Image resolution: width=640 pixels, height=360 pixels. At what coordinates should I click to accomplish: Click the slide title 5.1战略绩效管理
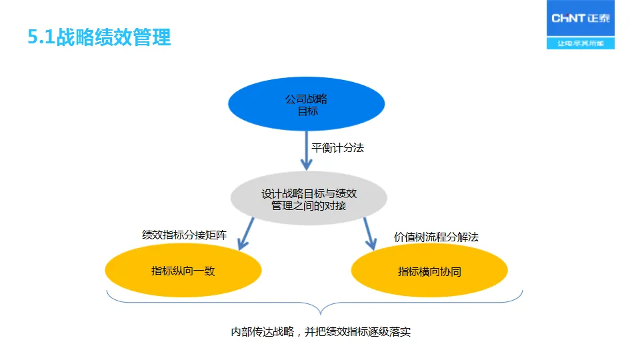tap(99, 37)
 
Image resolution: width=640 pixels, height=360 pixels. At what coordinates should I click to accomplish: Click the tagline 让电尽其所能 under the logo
tap(581, 43)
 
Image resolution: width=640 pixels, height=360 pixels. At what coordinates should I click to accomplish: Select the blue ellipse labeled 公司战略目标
tap(307, 105)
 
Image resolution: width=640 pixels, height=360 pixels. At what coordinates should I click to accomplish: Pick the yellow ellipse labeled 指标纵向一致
tap(183, 271)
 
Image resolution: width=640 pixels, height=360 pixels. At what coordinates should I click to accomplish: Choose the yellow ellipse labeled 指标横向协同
tap(429, 271)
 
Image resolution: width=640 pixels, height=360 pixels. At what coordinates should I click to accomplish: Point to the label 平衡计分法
tap(338, 147)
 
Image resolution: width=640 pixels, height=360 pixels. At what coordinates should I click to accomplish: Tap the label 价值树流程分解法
tap(436, 237)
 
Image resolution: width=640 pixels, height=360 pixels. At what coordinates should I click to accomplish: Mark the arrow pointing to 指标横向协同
tap(369, 233)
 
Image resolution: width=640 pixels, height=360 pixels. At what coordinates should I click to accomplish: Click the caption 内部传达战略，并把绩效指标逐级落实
tap(320, 331)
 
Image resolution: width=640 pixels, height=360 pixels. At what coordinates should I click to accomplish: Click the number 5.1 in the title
tap(41, 37)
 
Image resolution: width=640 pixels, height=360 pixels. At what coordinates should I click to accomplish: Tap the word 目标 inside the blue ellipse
tap(307, 111)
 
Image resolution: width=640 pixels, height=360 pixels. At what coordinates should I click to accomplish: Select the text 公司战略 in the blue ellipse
tap(307, 99)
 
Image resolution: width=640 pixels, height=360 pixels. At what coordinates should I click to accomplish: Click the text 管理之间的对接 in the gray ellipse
tap(309, 206)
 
